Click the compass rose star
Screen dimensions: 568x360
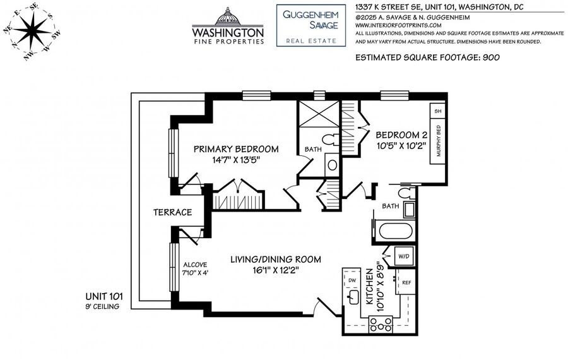coord(32,30)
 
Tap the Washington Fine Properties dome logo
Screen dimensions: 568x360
coord(227,16)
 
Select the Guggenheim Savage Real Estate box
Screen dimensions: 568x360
coord(311,25)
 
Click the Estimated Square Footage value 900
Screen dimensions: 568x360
coord(491,57)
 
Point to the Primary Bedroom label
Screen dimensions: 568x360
coord(236,149)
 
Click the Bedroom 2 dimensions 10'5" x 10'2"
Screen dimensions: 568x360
coord(401,146)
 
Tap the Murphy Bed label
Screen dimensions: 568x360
coord(439,141)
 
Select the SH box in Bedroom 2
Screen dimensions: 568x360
coord(437,111)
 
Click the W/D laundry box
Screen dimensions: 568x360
coord(404,256)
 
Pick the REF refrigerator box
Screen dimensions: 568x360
coord(406,282)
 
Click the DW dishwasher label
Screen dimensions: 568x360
coord(352,280)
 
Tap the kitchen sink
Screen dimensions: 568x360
coord(352,297)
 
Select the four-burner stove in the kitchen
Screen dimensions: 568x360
coord(381,324)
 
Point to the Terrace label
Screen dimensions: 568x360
coord(172,212)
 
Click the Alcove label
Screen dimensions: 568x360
coord(195,265)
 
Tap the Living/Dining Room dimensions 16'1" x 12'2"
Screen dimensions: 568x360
coord(276,270)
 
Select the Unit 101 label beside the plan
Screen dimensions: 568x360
coord(104,297)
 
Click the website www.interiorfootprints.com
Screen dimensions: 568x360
coord(398,25)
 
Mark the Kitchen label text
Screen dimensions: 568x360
coord(369,286)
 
